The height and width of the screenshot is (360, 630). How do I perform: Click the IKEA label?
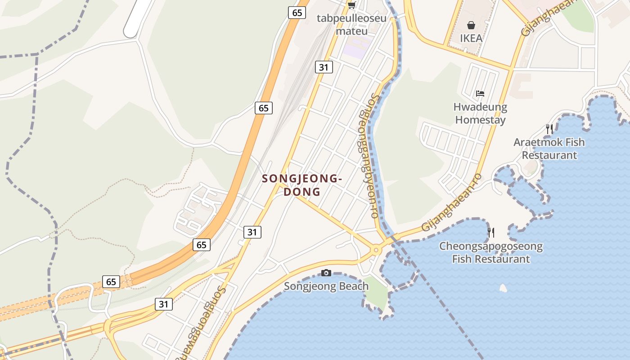[x=471, y=38]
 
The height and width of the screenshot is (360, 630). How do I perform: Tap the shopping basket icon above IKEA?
[x=471, y=25]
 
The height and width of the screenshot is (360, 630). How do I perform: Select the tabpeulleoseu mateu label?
[x=352, y=25]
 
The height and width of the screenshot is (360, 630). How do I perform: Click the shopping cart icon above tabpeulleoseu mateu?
[x=351, y=5]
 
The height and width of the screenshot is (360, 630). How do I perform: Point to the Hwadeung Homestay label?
[x=480, y=113]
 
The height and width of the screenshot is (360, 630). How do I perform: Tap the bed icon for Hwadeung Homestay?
[x=480, y=94]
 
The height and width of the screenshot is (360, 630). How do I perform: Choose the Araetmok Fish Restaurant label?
[x=549, y=148]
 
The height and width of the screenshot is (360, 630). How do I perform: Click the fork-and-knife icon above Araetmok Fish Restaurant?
[x=549, y=129]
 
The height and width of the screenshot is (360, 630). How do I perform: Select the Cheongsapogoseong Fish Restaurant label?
[x=491, y=252]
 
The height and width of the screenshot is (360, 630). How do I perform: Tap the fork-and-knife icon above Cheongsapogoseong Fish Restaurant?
[x=491, y=233]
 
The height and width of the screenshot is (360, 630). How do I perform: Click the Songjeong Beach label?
[x=326, y=286]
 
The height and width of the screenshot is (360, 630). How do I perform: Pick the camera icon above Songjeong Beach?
[x=326, y=273]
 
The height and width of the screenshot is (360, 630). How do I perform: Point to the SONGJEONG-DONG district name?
[x=302, y=185]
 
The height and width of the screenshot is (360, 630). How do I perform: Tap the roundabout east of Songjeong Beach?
[x=376, y=249]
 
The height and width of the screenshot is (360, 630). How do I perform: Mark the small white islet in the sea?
[x=503, y=288]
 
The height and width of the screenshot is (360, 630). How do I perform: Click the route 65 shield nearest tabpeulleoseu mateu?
[x=297, y=13]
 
